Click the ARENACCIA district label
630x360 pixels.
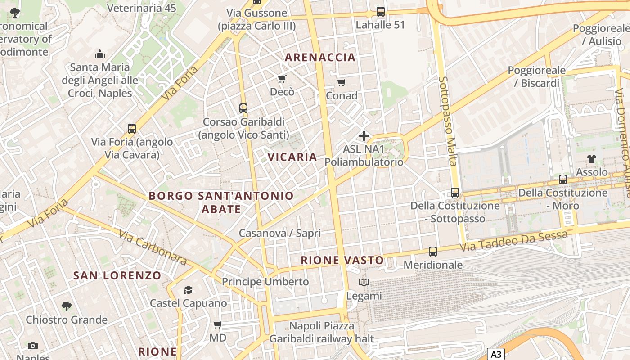pos(320,57)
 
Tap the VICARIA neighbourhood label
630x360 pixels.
pos(292,157)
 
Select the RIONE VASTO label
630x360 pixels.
pos(342,260)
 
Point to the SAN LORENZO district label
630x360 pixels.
pos(117,275)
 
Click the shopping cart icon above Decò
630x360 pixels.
pos(282,79)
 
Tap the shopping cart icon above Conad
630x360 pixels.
pos(342,82)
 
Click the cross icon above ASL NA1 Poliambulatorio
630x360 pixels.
pos(364,135)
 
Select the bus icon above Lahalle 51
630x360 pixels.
pos(381,12)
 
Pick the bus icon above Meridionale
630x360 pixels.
pos(433,252)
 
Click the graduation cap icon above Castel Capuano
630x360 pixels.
pos(188,290)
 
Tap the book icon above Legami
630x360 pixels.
pos(364,283)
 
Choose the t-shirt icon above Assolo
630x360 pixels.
pos(592,159)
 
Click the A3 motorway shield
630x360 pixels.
pos(496,354)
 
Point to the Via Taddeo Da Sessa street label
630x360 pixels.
pos(513,243)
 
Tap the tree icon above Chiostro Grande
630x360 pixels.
pos(67,306)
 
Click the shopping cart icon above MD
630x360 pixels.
pos(218,324)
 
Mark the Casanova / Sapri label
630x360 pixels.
pos(280,233)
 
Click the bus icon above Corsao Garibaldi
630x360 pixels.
pos(243,108)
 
